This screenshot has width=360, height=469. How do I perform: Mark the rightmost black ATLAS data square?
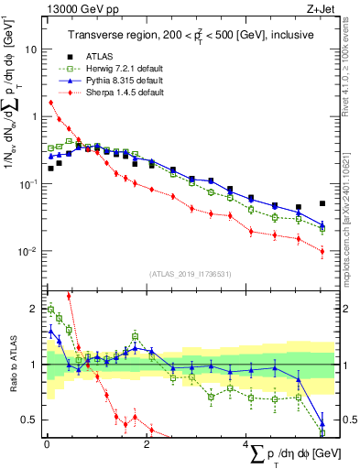[x=322, y=203]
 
